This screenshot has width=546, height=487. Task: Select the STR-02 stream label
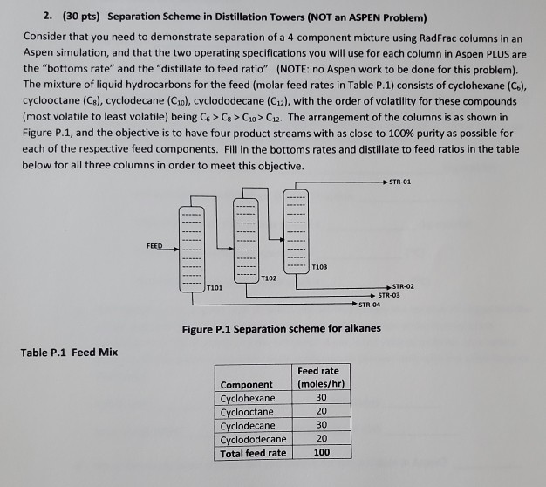click(402, 287)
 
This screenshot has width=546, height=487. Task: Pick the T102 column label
click(269, 277)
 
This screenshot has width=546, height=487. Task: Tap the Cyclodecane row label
click(248, 426)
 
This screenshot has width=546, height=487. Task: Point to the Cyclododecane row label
click(253, 440)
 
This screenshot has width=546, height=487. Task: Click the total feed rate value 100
click(321, 453)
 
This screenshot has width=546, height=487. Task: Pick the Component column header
click(247, 384)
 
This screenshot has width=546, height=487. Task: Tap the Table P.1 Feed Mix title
click(69, 352)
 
